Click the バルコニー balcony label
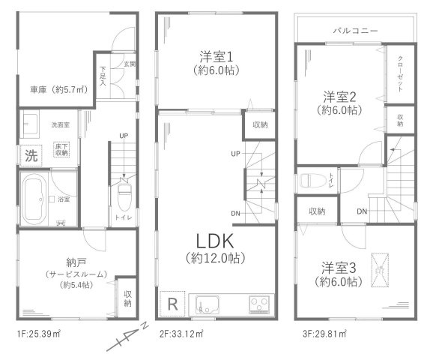click(x=355, y=30)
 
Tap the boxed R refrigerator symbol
click(x=172, y=305)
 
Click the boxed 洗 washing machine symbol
click(x=31, y=157)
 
